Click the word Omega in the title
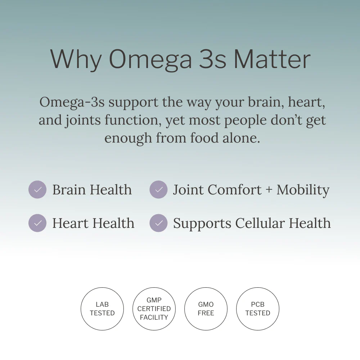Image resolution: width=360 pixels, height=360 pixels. (150, 59)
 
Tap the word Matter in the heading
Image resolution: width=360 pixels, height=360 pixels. (272, 59)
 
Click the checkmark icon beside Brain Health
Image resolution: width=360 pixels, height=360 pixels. (37, 189)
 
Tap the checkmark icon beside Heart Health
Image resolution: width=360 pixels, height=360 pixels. (37, 223)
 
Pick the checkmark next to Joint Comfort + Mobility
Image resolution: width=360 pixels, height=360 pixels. (158, 189)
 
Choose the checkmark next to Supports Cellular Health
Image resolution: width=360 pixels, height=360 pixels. (158, 223)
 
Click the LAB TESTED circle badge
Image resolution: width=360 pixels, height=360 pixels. (102, 309)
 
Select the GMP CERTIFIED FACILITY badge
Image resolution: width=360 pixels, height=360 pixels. (154, 309)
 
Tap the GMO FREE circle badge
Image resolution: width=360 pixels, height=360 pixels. (206, 309)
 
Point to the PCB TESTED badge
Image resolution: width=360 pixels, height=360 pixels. (258, 309)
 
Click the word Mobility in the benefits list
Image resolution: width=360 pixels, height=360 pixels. (303, 190)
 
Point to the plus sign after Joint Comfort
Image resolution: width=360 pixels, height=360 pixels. (269, 190)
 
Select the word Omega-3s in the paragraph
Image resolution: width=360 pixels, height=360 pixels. (72, 102)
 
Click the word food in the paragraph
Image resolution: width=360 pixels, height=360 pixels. (204, 138)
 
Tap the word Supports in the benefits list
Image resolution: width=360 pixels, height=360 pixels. (202, 224)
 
